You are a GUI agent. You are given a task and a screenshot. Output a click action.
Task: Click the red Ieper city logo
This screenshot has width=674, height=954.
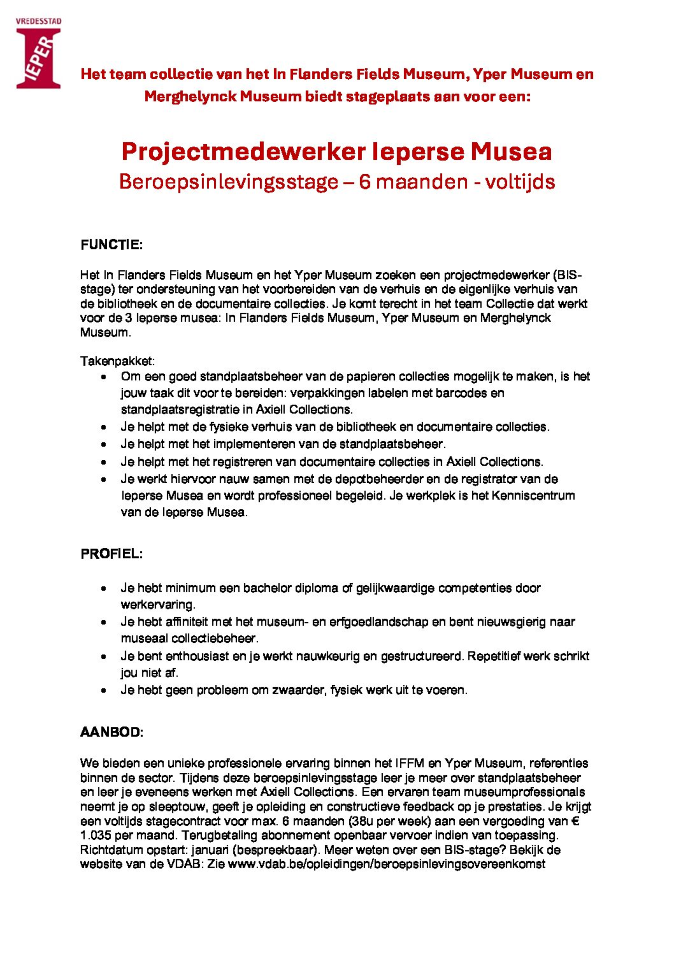tap(38, 57)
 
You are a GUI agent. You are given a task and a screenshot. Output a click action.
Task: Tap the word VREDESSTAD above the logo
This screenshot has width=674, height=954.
tap(38, 22)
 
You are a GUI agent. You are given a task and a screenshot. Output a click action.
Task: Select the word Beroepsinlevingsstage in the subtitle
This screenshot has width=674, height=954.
tap(228, 182)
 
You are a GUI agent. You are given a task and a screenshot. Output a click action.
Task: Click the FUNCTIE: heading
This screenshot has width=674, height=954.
tap(111, 245)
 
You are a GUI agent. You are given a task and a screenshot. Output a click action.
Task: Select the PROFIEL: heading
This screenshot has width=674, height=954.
tap(111, 554)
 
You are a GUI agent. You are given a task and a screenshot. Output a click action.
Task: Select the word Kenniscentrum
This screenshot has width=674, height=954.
tap(533, 496)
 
